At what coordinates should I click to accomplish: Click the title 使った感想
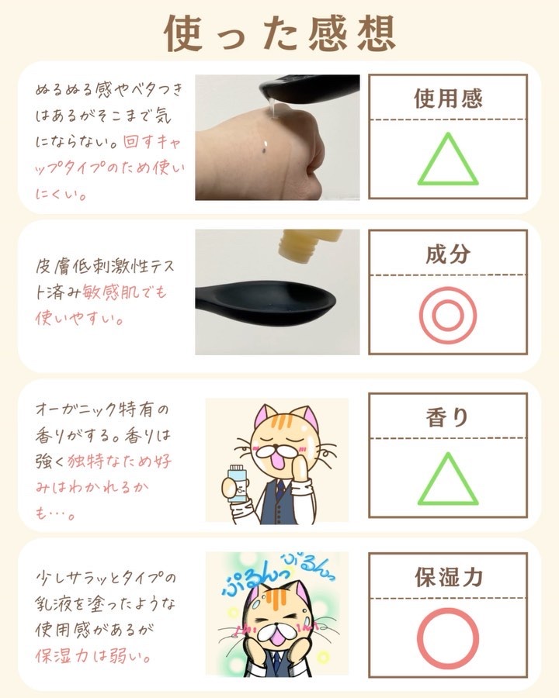[279, 33]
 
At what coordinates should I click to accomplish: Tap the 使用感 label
[448, 98]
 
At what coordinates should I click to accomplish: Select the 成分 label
[448, 254]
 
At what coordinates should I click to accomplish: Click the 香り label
[447, 417]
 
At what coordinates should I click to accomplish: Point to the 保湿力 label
[449, 577]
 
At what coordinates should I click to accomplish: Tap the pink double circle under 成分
[448, 315]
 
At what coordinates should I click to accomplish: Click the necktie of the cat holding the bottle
[279, 489]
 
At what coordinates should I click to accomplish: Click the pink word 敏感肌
[109, 292]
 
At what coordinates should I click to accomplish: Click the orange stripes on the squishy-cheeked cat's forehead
[272, 600]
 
